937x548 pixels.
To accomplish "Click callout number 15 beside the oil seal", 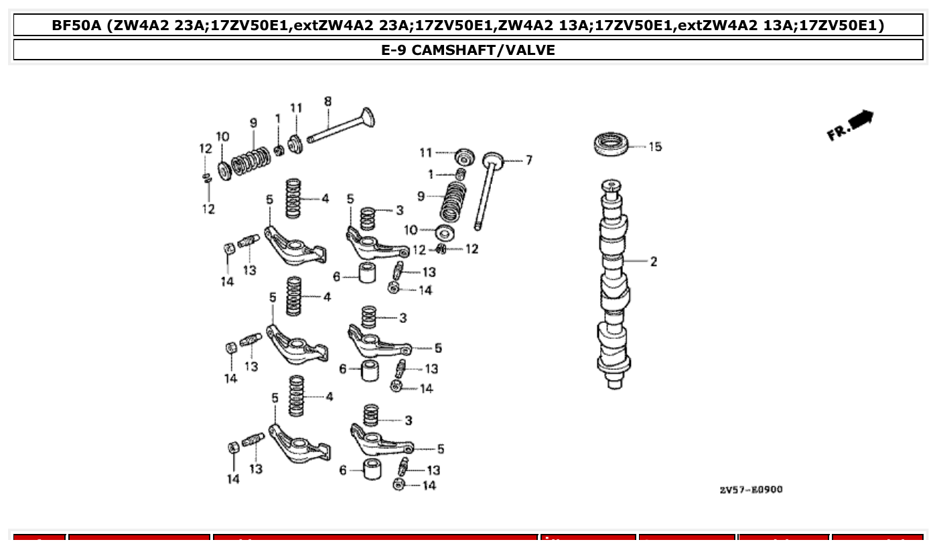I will point(654,147).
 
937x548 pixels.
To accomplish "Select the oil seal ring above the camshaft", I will point(611,145).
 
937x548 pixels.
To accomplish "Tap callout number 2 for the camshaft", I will point(653,262).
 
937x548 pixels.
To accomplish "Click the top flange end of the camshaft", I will point(611,184).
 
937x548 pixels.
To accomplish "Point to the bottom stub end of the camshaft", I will point(614,383).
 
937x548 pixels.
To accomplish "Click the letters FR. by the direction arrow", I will point(838,131).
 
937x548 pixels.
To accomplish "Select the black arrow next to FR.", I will point(862,119).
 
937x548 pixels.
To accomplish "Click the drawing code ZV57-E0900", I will point(750,490).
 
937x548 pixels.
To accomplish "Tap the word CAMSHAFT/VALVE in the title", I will point(483,50).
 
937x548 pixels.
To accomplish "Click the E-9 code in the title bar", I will point(394,50).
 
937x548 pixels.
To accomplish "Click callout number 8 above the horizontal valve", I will point(328,102).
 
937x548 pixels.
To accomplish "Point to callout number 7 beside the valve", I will point(528,160).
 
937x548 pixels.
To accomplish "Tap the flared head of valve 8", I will point(366,119).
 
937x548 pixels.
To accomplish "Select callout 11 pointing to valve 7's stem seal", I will point(426,153).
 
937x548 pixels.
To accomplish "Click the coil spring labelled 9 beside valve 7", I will point(454,200).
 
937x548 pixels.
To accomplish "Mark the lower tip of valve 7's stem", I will point(478,226).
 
